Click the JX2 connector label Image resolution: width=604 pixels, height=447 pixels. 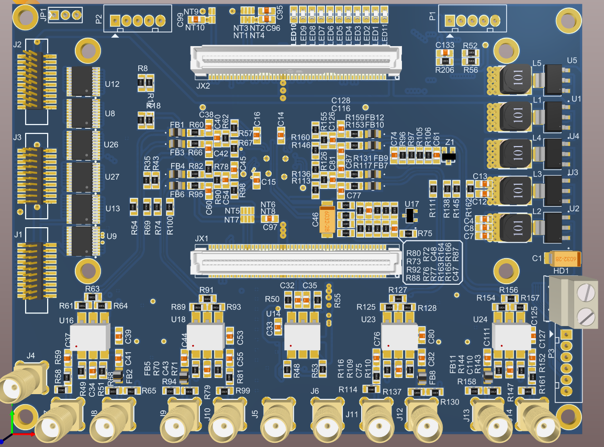(x=203, y=85)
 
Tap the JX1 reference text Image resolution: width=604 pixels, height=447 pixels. (x=202, y=238)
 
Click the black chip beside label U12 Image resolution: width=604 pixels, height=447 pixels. (x=83, y=82)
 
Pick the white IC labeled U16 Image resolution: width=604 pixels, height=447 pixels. (x=90, y=337)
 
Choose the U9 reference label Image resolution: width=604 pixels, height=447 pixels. (x=111, y=236)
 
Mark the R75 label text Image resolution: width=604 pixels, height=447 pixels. (x=425, y=233)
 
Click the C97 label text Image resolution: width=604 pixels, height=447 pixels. (x=270, y=228)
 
